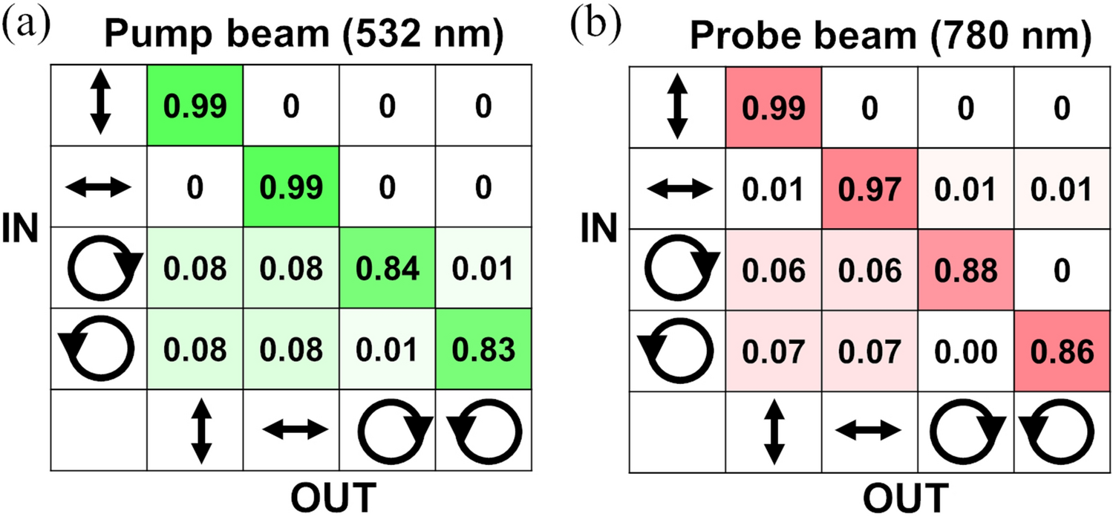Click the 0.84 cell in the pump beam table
coord(387,267)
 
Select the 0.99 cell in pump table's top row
coord(195,107)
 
